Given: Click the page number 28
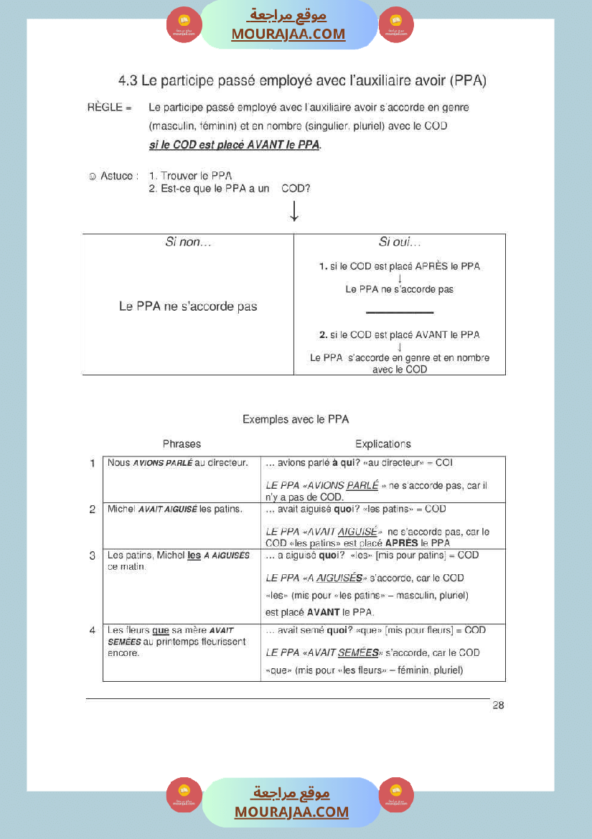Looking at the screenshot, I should click(x=498, y=706).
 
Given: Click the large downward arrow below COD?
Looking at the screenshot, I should click(x=294, y=211).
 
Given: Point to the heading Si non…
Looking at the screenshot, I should click(x=188, y=243).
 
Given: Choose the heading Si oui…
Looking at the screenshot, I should click(x=399, y=243).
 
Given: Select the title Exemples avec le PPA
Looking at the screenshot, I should click(x=295, y=419).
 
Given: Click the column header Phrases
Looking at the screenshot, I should click(x=182, y=444).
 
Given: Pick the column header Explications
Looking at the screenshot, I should click(x=382, y=444).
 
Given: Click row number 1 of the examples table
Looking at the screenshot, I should click(x=93, y=464).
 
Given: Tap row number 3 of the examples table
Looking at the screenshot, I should click(x=93, y=556).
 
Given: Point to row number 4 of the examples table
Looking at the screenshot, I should click(x=93, y=631).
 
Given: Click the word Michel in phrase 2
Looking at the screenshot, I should click(x=121, y=510).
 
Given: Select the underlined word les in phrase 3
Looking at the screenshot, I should click(x=194, y=556).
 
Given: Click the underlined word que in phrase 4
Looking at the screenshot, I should click(x=160, y=631).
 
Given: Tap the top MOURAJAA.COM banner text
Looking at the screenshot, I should click(x=288, y=34).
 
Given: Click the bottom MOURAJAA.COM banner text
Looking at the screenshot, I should click(x=291, y=812).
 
